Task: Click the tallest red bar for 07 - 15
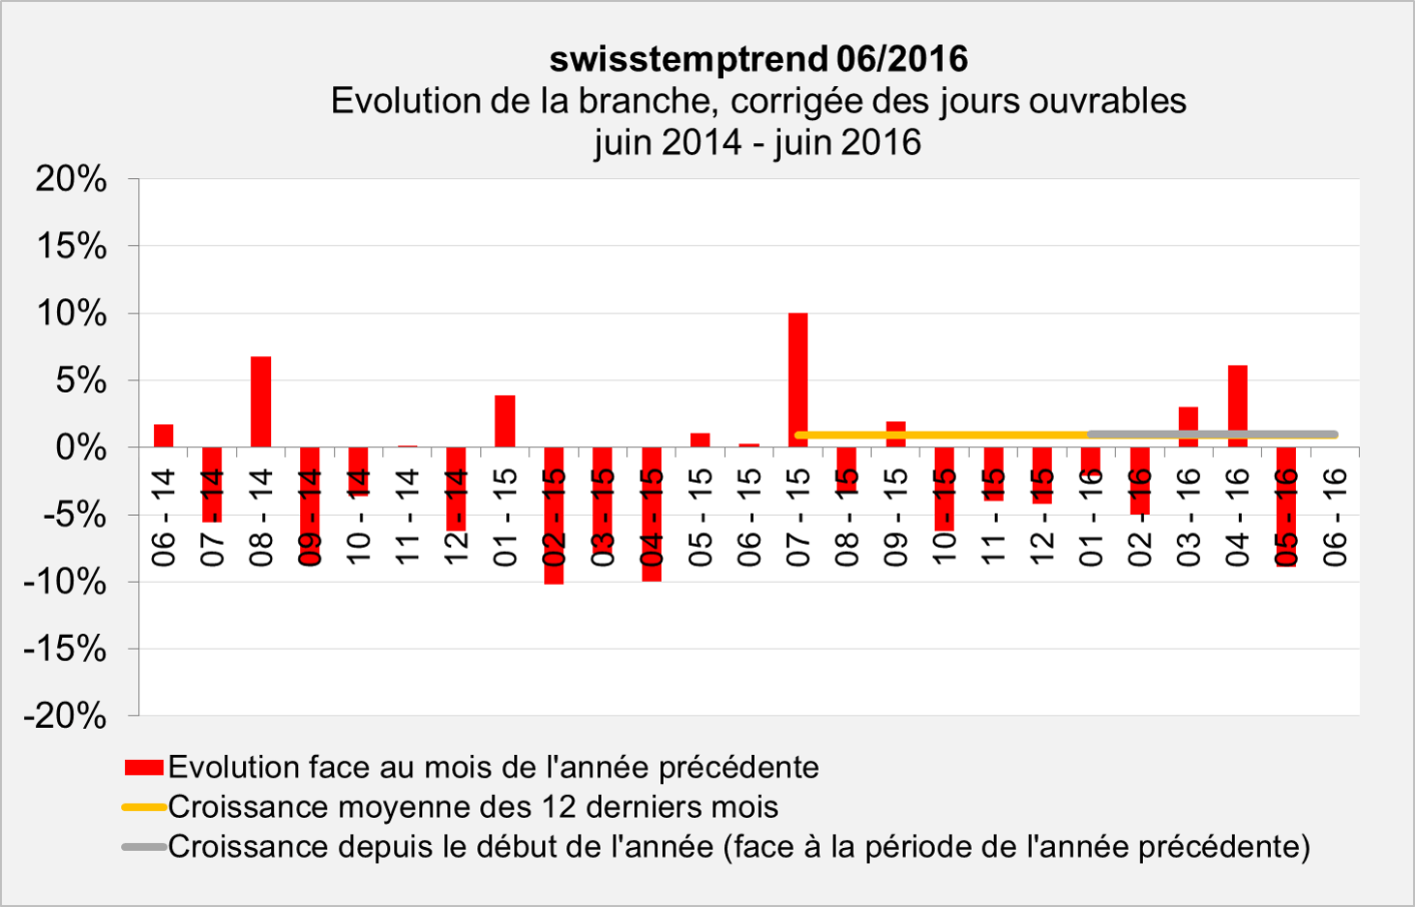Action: (x=798, y=378)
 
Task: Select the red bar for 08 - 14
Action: (x=260, y=401)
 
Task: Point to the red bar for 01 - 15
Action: (x=504, y=421)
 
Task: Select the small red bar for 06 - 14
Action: (x=164, y=436)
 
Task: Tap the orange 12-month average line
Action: (x=939, y=436)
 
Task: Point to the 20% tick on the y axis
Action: (x=72, y=179)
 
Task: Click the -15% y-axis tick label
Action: (x=65, y=650)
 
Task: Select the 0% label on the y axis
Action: (x=81, y=448)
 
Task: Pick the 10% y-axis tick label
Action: (x=72, y=314)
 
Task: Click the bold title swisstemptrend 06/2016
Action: (x=758, y=59)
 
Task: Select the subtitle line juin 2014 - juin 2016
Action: (x=758, y=142)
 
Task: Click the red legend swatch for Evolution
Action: (x=143, y=768)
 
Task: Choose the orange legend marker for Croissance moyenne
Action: (x=143, y=807)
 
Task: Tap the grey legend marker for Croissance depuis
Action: (x=143, y=847)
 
